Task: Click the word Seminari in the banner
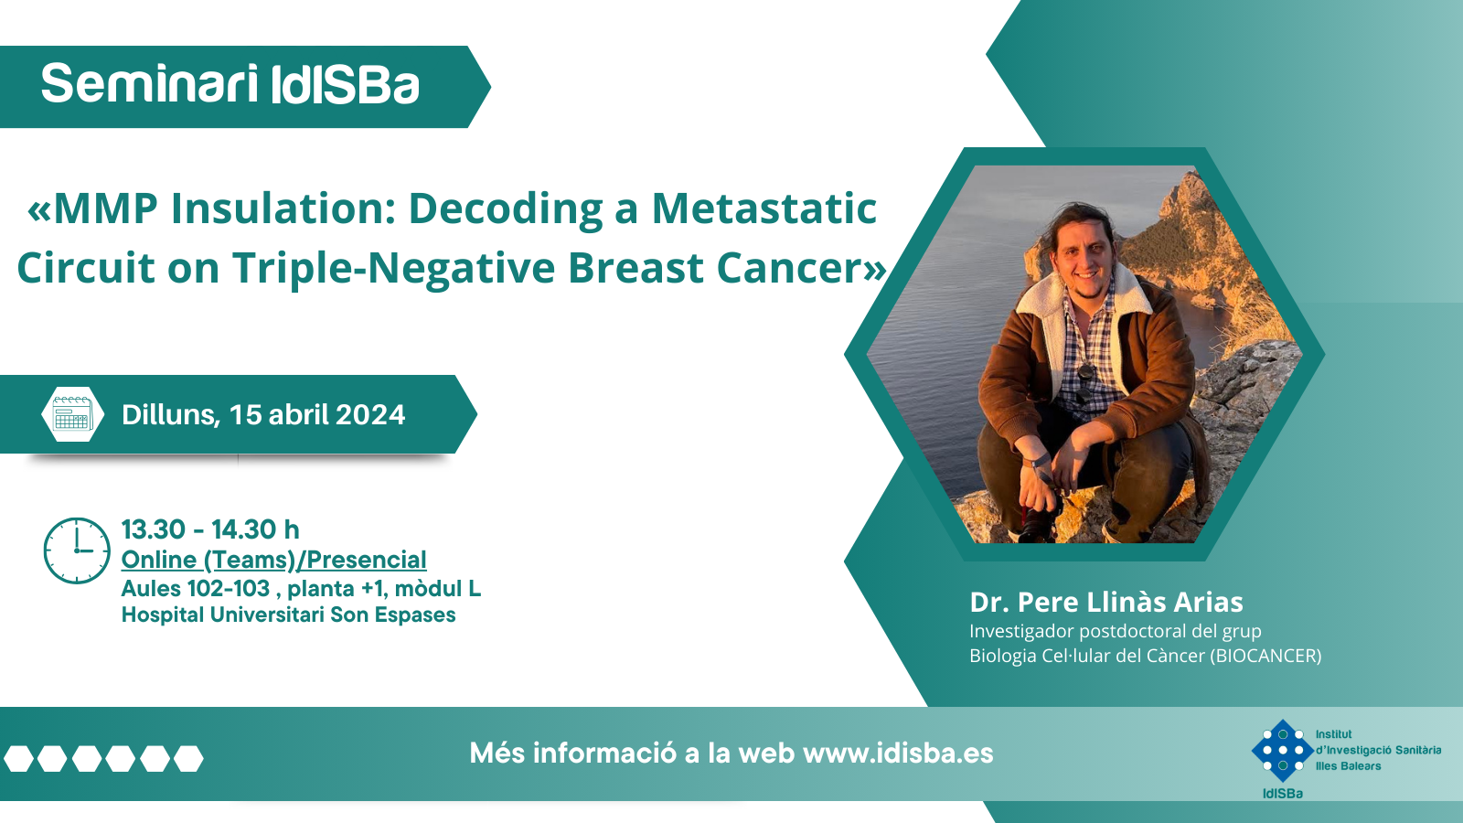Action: (x=149, y=84)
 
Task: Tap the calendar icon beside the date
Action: (x=72, y=414)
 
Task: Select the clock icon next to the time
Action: (x=77, y=550)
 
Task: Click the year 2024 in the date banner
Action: (x=371, y=415)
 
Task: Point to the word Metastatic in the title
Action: (x=764, y=209)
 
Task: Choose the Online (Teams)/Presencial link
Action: (x=273, y=561)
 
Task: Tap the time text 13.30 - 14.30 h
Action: (x=210, y=529)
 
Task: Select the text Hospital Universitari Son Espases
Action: (x=289, y=615)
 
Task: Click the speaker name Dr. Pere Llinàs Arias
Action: (x=1105, y=603)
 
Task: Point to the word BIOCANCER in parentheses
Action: (x=1265, y=656)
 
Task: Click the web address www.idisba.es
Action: (x=898, y=754)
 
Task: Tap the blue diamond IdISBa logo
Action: (x=1282, y=751)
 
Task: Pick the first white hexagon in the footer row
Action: (x=18, y=758)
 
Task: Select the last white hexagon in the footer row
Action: (x=188, y=758)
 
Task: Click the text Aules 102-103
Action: (x=196, y=589)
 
